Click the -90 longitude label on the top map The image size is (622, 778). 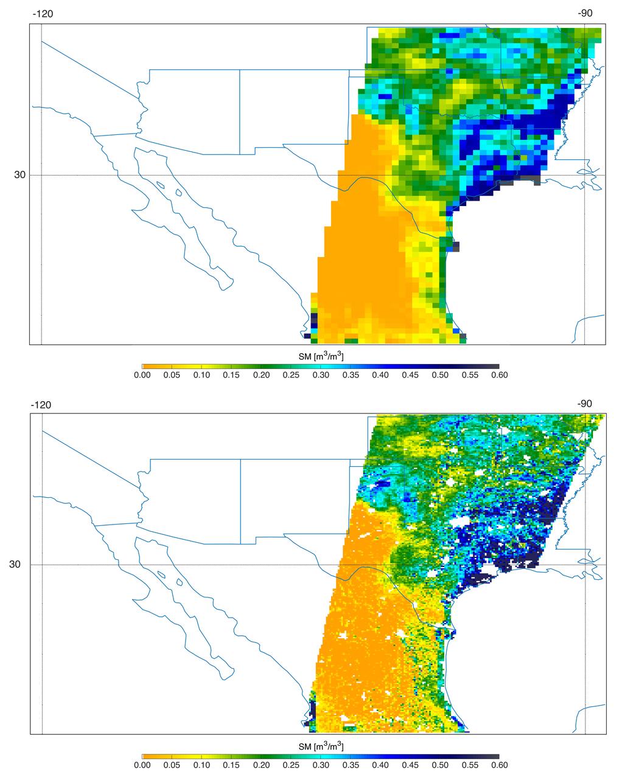(584, 14)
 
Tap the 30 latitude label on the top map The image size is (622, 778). (20, 175)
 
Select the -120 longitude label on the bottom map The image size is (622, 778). (41, 404)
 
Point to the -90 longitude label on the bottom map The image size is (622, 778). (584, 404)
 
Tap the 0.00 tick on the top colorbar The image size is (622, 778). (142, 375)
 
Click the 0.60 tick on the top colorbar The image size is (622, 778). (499, 375)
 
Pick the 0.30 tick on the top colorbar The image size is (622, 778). (320, 375)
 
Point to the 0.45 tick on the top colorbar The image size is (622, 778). (410, 375)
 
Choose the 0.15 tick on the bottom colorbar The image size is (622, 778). (231, 765)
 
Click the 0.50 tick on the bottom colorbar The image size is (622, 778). (439, 765)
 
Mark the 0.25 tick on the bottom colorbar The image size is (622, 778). (291, 765)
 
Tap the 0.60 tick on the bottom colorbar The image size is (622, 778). (499, 765)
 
